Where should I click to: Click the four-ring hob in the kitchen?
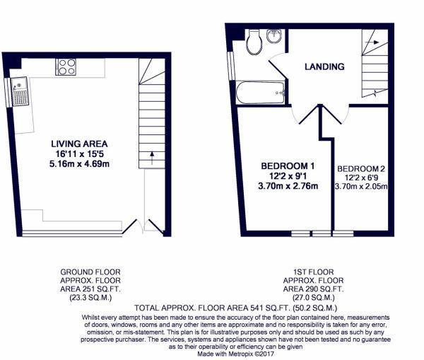[66, 66]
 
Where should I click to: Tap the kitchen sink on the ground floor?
[18, 91]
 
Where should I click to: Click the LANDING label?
[324, 66]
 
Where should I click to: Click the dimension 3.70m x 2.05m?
[361, 187]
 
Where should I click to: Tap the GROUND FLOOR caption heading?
[90, 272]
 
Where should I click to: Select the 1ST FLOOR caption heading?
[312, 272]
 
